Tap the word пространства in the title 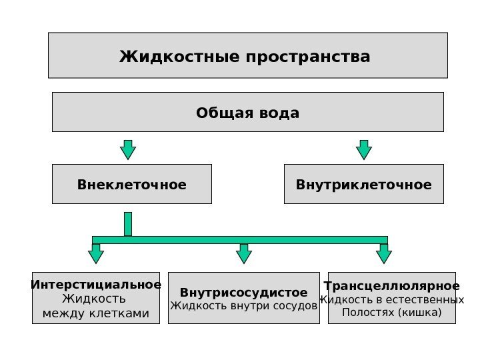[308, 57]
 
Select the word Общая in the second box [219, 113]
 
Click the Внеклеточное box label [132, 185]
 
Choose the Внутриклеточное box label [364, 185]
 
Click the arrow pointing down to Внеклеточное [128, 150]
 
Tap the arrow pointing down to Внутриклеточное [364, 150]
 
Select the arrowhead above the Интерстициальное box [96, 255]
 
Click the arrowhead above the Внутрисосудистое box [244, 255]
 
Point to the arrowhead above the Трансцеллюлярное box [384, 255]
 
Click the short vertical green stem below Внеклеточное [128, 224]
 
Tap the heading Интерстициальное [96, 285]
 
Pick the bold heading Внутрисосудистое [244, 293]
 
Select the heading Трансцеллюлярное [392, 287]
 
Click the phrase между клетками [96, 313]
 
